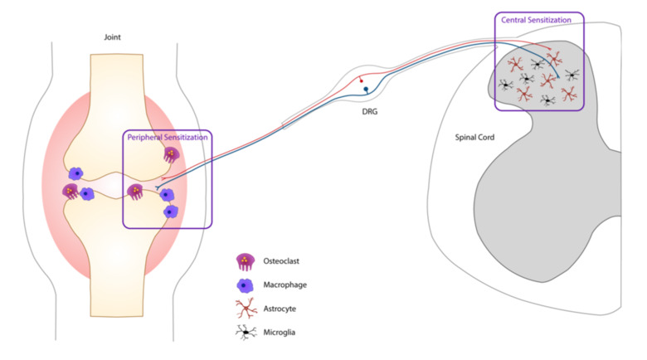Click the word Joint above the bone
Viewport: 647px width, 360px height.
[x=113, y=36]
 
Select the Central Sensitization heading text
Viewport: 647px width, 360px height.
[x=539, y=18]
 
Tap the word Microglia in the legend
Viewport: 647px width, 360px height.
[x=284, y=332]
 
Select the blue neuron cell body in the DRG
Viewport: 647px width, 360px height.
[x=365, y=90]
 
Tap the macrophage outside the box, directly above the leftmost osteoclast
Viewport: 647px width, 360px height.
[x=76, y=173]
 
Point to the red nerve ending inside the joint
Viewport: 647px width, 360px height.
[x=163, y=179]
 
